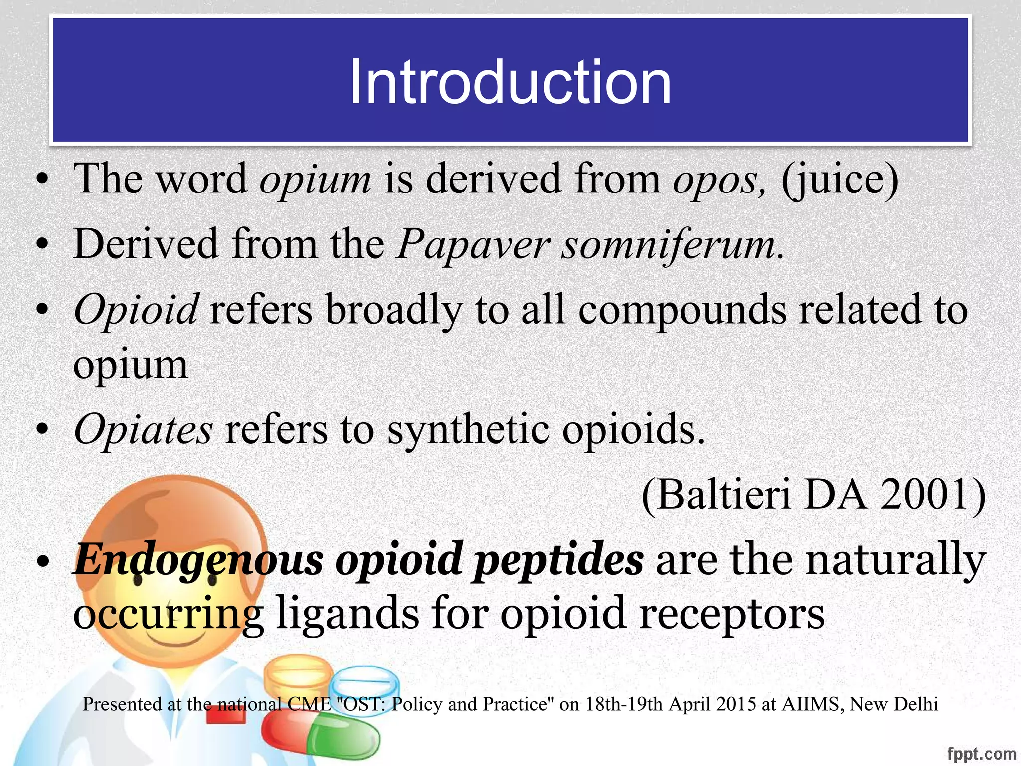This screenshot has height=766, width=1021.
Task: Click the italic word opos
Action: pos(717,179)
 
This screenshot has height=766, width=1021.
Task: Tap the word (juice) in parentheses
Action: pos(840,179)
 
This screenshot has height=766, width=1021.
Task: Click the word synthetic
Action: pos(469,430)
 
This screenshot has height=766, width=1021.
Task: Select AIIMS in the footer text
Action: pos(812,704)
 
